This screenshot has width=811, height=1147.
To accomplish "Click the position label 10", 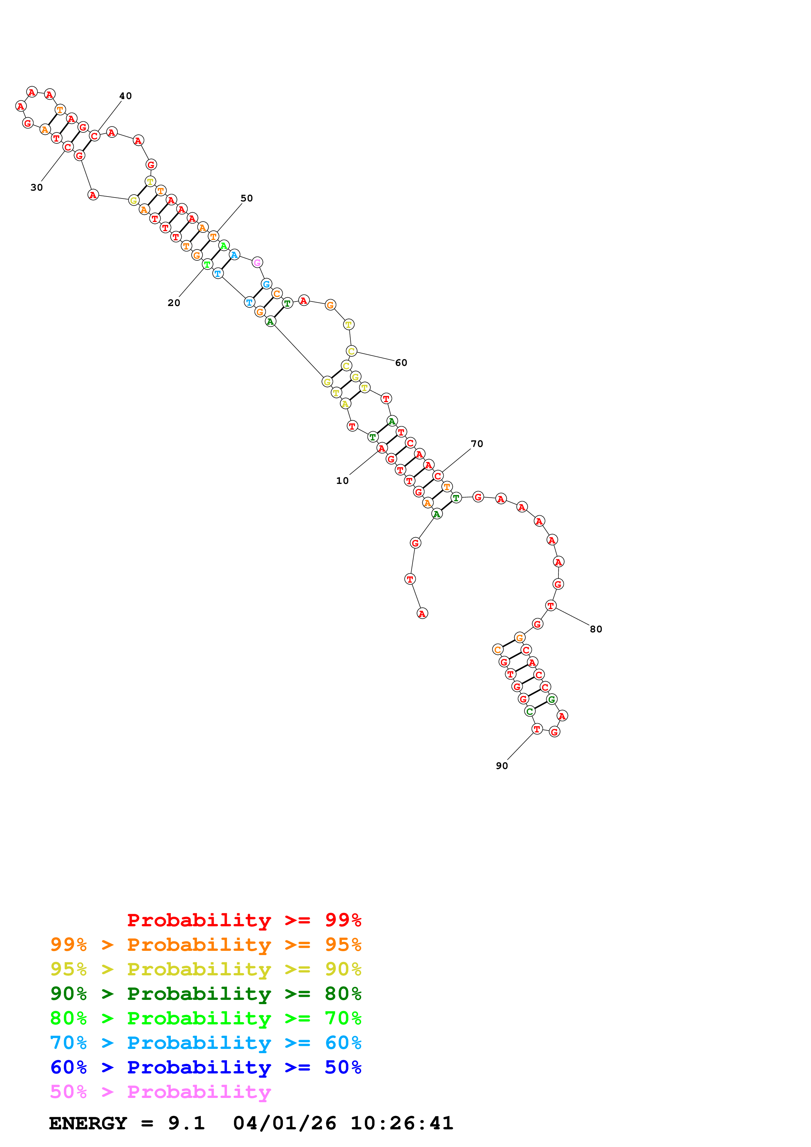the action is click(x=342, y=481).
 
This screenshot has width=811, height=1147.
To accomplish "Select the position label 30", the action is click(x=37, y=187).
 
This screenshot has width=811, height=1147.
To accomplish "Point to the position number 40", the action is click(x=125, y=96).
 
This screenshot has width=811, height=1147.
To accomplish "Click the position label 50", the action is click(x=247, y=198).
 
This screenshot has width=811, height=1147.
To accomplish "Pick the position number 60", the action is click(x=401, y=363).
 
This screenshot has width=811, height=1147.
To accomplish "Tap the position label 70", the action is click(x=477, y=444).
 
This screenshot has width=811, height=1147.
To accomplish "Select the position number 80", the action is click(x=596, y=629).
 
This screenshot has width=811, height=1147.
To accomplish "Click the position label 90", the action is click(x=502, y=766).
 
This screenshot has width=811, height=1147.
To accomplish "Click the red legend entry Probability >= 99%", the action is click(x=244, y=920).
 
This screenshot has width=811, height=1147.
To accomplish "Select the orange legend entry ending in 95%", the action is click(x=206, y=945).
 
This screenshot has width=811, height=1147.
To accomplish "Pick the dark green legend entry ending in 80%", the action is click(x=206, y=994).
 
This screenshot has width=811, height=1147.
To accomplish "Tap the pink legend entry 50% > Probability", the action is click(x=160, y=1091).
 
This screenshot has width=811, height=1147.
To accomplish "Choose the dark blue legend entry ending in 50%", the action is click(x=206, y=1067).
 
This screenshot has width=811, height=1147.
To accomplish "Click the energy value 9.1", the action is click(x=186, y=1123).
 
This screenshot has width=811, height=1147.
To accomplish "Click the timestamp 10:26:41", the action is click(x=402, y=1123).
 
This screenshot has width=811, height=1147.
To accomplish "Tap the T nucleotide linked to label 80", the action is click(x=551, y=606).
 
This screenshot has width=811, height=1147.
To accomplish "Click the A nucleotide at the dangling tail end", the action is click(x=422, y=613).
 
